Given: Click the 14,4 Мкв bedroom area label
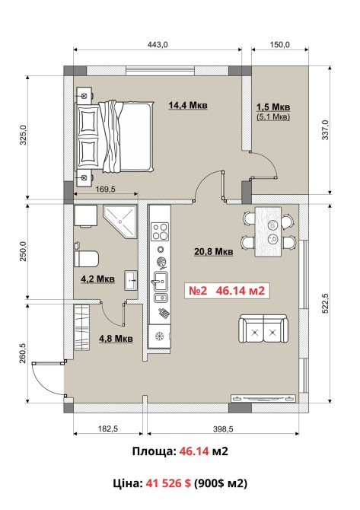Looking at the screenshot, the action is (x=188, y=105).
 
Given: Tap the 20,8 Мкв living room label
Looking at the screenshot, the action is (x=214, y=251).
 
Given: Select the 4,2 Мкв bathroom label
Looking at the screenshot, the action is (x=97, y=279).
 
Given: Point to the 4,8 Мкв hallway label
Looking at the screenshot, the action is (x=116, y=338).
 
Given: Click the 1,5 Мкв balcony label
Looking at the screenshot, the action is (x=273, y=107).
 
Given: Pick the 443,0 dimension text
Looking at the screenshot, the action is (x=158, y=45).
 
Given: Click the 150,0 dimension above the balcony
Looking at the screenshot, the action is (x=279, y=45).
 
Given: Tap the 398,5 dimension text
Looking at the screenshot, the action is (x=223, y=429).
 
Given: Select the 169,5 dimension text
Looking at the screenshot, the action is (x=105, y=189).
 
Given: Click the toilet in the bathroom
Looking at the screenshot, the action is (x=86, y=258).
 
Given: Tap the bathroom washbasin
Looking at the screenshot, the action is (x=131, y=280).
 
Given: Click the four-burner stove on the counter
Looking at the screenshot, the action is (x=160, y=231).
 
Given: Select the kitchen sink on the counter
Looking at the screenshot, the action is (x=160, y=282).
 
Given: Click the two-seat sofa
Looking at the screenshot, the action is (x=263, y=329).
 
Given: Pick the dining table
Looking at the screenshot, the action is (x=269, y=231).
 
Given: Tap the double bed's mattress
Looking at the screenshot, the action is (x=126, y=136).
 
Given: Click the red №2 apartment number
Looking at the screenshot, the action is (x=198, y=290).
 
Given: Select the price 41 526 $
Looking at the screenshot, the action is (x=168, y=483).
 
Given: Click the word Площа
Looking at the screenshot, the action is (x=155, y=451).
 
